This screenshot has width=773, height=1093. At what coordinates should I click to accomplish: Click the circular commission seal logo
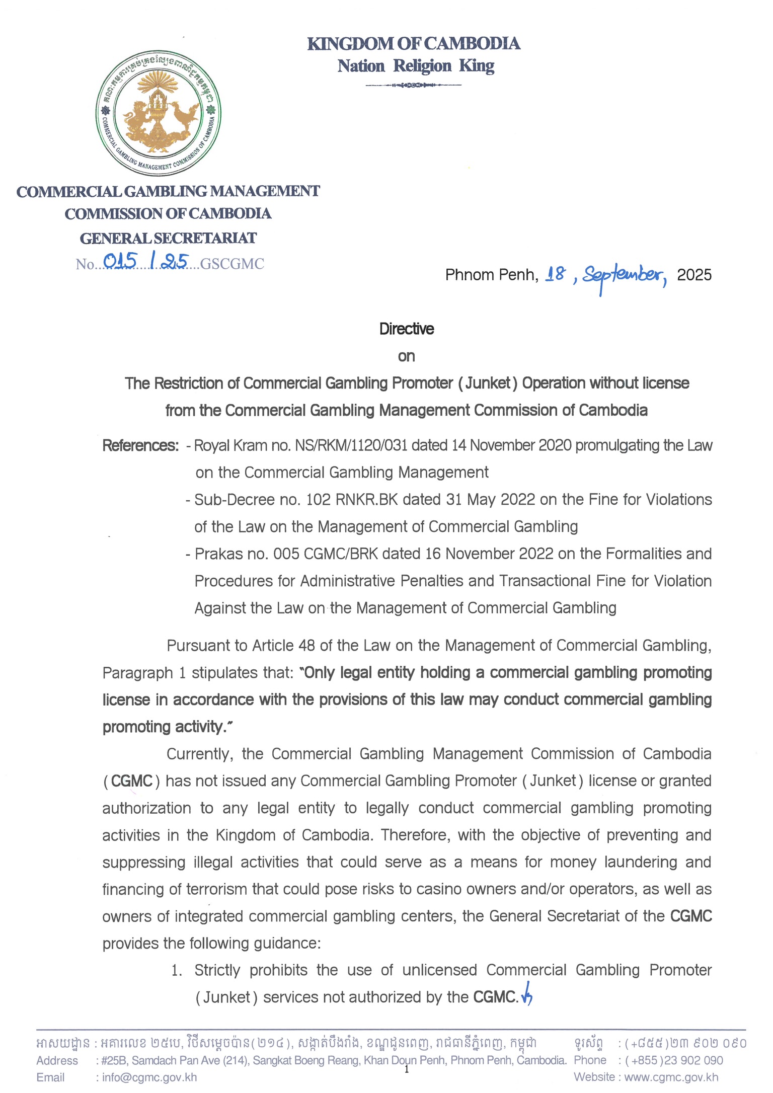click(x=158, y=113)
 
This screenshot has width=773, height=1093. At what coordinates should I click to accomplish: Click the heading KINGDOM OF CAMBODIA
click(x=414, y=44)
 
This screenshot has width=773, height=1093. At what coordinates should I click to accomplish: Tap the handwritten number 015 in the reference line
click(x=120, y=261)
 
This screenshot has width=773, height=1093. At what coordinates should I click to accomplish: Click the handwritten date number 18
click(x=555, y=274)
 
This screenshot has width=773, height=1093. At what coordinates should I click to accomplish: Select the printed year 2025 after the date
click(x=694, y=275)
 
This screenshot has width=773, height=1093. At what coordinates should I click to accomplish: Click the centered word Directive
click(x=407, y=329)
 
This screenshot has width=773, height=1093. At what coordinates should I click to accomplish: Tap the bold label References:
click(x=140, y=445)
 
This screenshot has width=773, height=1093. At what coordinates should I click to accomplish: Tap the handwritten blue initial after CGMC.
click(x=527, y=995)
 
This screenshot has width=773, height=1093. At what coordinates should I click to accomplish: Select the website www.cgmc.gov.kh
click(x=671, y=1077)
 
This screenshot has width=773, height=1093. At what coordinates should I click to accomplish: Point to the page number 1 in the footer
click(x=407, y=1070)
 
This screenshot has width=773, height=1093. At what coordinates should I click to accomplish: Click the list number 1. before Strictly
click(x=176, y=970)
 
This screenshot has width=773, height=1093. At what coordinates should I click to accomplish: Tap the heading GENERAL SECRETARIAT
click(x=168, y=238)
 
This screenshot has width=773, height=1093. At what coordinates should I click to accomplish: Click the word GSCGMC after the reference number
click(x=232, y=264)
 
